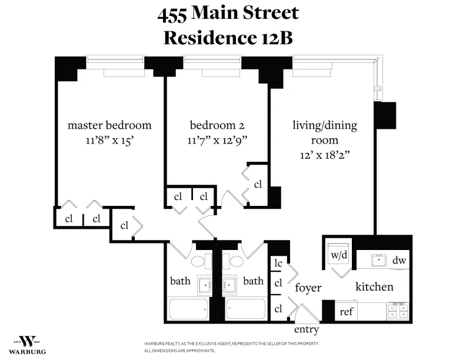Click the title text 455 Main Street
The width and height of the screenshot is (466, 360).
(228, 13)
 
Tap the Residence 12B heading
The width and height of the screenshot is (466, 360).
(228, 37)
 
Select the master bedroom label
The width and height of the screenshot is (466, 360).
(109, 125)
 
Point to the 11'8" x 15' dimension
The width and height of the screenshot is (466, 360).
(109, 140)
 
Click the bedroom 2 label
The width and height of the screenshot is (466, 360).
(217, 125)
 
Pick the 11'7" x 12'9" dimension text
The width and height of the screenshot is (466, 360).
(217, 140)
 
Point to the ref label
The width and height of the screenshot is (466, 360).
(347, 312)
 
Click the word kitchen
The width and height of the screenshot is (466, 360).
(374, 287)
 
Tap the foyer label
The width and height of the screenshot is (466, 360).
(308, 288)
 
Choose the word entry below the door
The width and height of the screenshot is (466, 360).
(306, 329)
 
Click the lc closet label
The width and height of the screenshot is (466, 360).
(278, 264)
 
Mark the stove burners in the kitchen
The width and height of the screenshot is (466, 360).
(398, 310)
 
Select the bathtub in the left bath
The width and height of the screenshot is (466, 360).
(188, 309)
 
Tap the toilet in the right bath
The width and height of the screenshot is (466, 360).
(237, 261)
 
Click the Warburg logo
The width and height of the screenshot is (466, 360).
(28, 343)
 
